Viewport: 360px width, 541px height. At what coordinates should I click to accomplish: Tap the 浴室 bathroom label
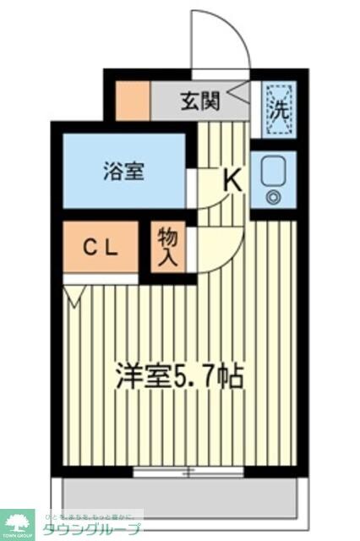pyautogui.click(x=124, y=172)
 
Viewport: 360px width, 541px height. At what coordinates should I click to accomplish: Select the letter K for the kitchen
pyautogui.click(x=232, y=180)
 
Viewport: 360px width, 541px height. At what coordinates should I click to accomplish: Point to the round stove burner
pyautogui.click(x=273, y=198)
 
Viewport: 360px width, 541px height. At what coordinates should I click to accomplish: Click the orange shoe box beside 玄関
pyautogui.click(x=133, y=101)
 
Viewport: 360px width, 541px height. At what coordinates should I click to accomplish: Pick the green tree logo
pyautogui.click(x=16, y=522)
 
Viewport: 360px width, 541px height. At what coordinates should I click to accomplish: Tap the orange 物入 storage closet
pyautogui.click(x=167, y=248)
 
